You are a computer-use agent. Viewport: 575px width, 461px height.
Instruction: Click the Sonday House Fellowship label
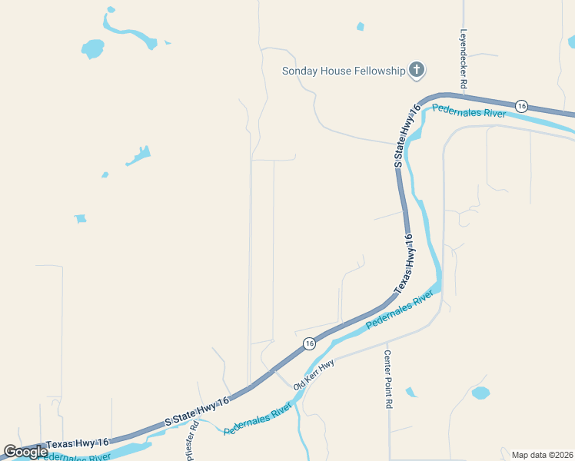pos(343,71)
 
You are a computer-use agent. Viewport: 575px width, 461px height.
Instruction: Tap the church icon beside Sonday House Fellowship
pos(416,71)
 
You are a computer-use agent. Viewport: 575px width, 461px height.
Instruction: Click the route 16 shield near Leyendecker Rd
pos(522,105)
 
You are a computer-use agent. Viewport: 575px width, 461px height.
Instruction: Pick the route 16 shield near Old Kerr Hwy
pos(308,343)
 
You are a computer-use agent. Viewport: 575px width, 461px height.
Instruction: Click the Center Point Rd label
pos(388,379)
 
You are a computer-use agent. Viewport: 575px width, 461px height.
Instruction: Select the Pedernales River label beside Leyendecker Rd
pos(468,112)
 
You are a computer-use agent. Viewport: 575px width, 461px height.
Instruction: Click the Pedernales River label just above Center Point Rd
pos(395,310)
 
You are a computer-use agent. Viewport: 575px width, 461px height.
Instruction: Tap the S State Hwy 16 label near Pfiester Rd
pos(198,413)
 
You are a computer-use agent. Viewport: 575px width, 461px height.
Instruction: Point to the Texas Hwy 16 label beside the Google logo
pos(77,443)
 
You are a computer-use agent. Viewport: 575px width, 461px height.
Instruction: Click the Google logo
pos(25,452)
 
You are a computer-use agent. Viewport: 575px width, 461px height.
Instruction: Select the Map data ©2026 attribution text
pos(542,455)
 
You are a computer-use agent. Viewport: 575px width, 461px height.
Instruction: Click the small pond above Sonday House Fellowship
pos(360,27)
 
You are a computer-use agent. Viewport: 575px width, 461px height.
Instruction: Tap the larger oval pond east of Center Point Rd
pos(480,393)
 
